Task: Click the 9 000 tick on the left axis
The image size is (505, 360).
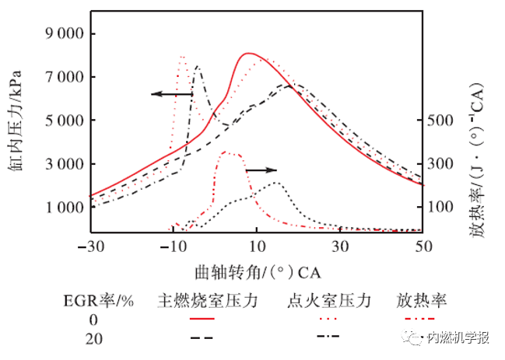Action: point(62,34)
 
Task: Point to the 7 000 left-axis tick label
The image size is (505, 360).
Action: point(62,78)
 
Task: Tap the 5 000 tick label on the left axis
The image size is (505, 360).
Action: point(62,121)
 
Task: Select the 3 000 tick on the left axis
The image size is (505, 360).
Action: point(62,165)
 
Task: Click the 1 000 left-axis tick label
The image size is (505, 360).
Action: point(62,208)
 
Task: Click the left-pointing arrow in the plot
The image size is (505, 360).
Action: point(171,94)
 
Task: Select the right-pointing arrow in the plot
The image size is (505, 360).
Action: point(261,169)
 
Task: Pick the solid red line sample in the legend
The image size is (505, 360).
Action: point(202,319)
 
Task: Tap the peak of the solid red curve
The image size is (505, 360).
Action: point(247,53)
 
